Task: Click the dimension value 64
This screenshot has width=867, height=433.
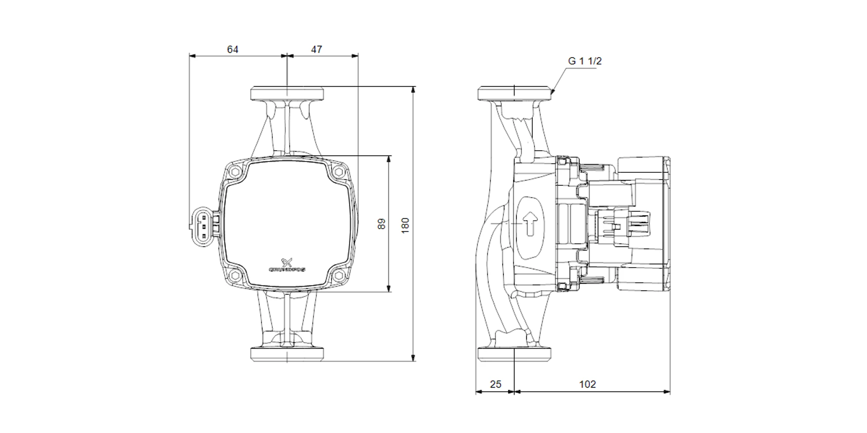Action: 233,49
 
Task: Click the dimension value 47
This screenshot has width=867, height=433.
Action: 316,49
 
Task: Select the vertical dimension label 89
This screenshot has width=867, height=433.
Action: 381,224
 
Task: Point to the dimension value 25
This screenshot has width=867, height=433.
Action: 495,384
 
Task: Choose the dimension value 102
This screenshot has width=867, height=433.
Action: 587,384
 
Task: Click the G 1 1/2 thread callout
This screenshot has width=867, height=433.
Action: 585,61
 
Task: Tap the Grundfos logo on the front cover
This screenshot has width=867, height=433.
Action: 287,265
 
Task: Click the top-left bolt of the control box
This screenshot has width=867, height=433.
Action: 235,172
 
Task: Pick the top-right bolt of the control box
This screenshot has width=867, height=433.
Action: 339,172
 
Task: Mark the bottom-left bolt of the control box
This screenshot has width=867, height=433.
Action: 235,275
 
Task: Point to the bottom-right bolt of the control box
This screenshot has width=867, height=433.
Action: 339,275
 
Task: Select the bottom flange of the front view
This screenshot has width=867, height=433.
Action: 287,354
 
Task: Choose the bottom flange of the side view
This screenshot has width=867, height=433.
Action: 515,354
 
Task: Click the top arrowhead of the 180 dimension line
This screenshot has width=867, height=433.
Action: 414,90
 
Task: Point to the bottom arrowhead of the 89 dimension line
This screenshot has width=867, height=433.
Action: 389,288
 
